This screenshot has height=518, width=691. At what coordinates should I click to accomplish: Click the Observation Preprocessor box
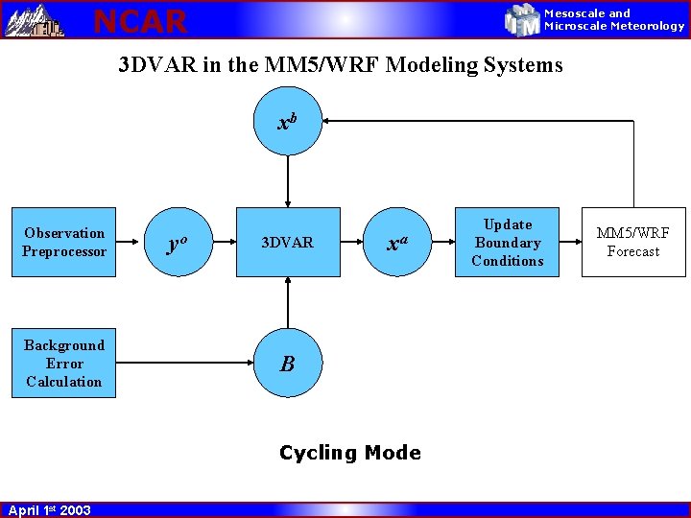[63, 242]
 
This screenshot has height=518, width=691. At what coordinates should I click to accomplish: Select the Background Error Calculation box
[63, 364]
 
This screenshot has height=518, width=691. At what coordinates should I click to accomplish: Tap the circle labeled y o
[176, 243]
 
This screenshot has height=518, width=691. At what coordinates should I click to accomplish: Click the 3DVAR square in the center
[287, 243]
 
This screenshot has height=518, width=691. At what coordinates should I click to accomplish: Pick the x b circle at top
[287, 122]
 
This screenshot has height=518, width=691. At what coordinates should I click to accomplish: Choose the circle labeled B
[287, 364]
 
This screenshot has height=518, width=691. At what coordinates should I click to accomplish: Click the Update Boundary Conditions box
[508, 243]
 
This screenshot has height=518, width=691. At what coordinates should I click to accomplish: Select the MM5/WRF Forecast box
[633, 243]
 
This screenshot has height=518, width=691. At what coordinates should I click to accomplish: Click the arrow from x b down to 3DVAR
[287, 182]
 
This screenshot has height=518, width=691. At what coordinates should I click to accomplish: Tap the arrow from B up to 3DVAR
[287, 303]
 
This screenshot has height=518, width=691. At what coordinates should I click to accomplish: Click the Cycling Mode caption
[349, 453]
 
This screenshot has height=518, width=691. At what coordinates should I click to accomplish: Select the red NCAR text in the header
[140, 20]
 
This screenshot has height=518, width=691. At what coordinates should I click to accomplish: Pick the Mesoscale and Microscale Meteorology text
[614, 19]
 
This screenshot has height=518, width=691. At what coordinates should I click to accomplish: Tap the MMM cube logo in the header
[522, 19]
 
